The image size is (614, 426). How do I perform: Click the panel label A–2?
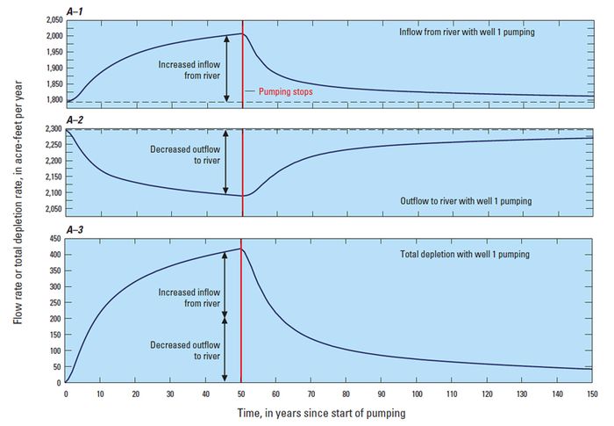tap(75, 121)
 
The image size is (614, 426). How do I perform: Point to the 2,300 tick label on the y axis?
tap(49, 130)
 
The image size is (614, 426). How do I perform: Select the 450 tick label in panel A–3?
tap(54, 238)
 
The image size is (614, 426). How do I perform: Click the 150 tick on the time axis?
tap(591, 394)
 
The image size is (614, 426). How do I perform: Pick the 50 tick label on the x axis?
tap(241, 394)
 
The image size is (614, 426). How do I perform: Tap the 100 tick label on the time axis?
tap(416, 394)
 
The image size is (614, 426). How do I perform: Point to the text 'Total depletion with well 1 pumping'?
tap(475, 255)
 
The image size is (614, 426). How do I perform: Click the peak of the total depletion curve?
tap(241, 249)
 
